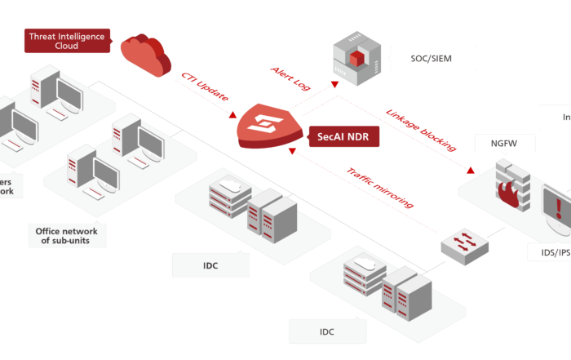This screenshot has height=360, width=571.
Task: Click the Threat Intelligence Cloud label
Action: click(x=67, y=40)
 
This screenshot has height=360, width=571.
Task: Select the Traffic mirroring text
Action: click(x=380, y=188)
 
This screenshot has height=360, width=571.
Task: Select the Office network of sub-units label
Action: click(x=67, y=236)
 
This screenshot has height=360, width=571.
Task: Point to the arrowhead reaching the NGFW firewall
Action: click(x=472, y=171)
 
